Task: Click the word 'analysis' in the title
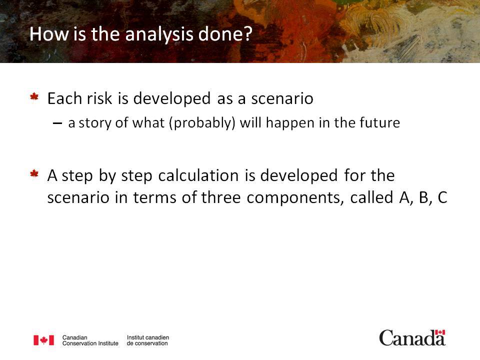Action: (x=159, y=34)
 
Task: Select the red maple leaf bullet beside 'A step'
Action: (x=34, y=174)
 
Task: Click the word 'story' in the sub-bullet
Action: (x=95, y=123)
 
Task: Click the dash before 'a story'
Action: (x=57, y=123)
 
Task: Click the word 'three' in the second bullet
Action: (x=220, y=197)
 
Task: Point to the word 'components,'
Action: (x=295, y=198)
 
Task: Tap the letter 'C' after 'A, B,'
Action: (x=442, y=197)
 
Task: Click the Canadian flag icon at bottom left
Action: (x=44, y=340)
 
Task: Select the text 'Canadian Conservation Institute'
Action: (x=90, y=340)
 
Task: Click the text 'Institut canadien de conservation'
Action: (x=148, y=340)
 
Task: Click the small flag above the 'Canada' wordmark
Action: (x=440, y=332)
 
